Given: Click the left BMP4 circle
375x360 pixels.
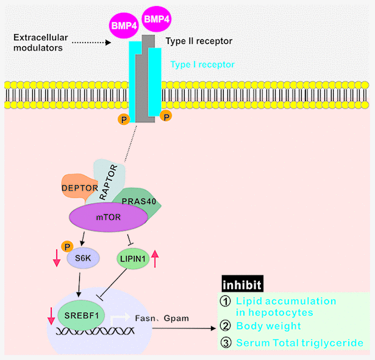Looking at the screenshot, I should pyautogui.click(x=124, y=26).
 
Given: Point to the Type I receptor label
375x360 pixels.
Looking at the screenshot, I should pyautogui.click(x=202, y=64).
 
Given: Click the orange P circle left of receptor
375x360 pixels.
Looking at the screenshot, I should pyautogui.click(x=124, y=118).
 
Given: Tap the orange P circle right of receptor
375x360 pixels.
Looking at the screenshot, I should pyautogui.click(x=165, y=115).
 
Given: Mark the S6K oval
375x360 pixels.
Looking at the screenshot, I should pyautogui.click(x=82, y=258).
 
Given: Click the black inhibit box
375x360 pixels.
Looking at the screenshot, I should pyautogui.click(x=242, y=284).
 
